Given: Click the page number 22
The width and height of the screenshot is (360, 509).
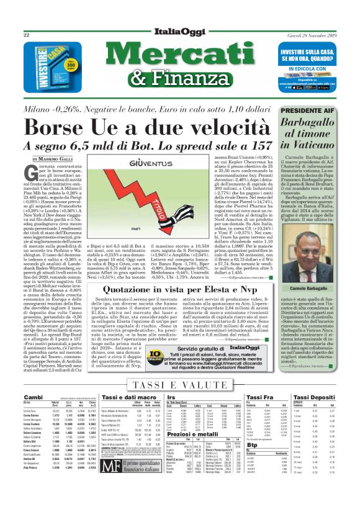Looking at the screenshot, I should (27, 36).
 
